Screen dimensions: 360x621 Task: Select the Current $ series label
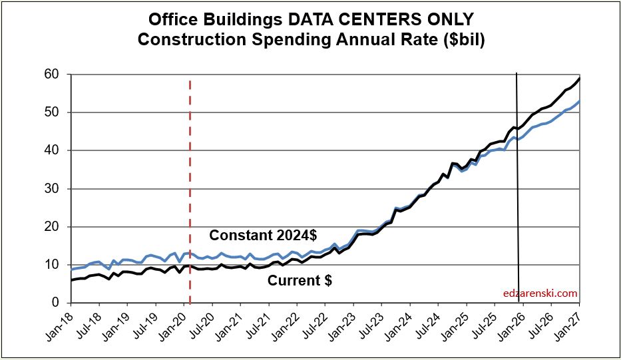300,281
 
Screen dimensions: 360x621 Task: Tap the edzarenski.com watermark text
540,293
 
